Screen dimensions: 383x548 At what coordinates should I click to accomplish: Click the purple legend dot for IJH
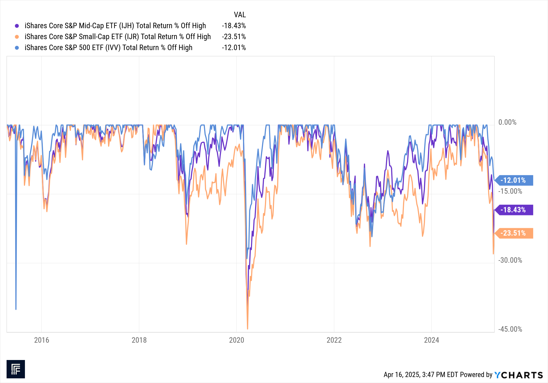tap(17, 26)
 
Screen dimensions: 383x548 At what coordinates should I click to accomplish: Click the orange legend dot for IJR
tap(17, 37)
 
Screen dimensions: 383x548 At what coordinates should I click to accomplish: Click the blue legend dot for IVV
tap(17, 48)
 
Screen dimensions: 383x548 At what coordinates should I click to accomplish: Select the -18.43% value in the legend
tap(234, 26)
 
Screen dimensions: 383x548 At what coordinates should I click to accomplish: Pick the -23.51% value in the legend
tap(234, 37)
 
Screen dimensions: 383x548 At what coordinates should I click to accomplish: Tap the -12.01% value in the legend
tap(234, 48)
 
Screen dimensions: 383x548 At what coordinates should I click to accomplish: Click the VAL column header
tap(240, 15)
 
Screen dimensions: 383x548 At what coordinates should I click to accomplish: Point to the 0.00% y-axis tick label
tap(507, 122)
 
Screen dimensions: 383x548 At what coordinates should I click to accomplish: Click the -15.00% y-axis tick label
tap(510, 191)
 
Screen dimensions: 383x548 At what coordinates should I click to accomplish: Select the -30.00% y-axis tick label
tap(510, 260)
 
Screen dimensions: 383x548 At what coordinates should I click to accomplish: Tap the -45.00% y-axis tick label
tap(510, 329)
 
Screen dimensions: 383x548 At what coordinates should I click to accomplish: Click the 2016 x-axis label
tap(42, 340)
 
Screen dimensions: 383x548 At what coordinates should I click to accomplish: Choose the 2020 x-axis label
tap(236, 340)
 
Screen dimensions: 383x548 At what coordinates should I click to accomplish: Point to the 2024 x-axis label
tap(432, 340)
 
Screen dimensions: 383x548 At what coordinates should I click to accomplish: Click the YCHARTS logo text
tap(518, 375)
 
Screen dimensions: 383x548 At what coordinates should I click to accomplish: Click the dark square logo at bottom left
tap(16, 369)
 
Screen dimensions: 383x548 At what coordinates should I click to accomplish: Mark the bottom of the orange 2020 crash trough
tap(247, 329)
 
